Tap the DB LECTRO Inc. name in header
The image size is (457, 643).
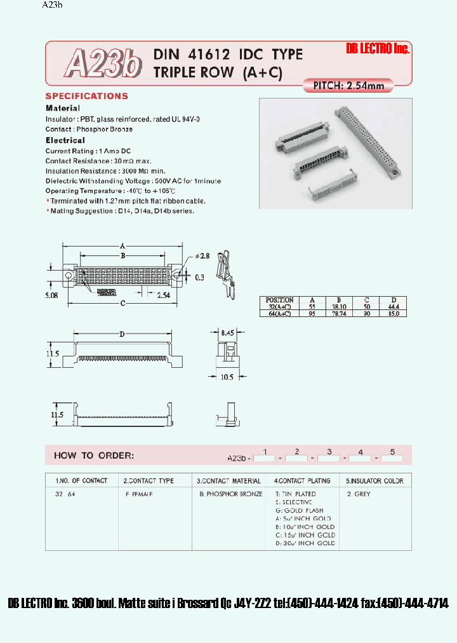coord(378,49)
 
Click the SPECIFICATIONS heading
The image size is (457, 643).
coord(86,96)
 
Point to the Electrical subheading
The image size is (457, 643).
coord(65,140)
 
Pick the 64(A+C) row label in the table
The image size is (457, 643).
coord(279,313)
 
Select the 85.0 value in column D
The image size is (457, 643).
coord(392,313)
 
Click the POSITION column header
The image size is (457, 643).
coord(279,299)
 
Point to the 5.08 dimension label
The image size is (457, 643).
coord(53,294)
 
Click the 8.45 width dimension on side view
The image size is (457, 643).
coord(228,331)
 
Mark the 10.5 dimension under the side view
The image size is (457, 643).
coord(227,377)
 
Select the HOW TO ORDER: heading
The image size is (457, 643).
coord(93,455)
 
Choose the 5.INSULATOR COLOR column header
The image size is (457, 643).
coord(374,480)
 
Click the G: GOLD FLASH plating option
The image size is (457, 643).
coord(299,510)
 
